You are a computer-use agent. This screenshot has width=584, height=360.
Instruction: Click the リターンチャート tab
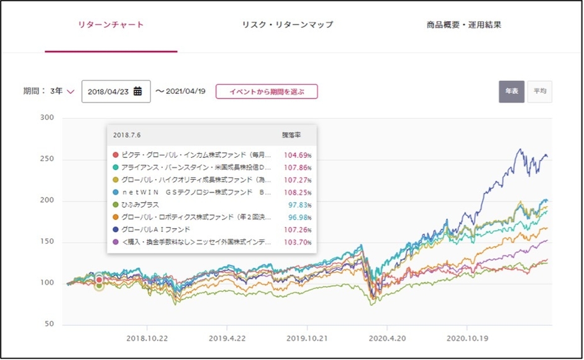[x=111, y=25]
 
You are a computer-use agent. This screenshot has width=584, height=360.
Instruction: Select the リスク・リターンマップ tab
[x=288, y=25]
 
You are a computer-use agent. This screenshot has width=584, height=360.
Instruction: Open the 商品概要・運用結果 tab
[x=464, y=25]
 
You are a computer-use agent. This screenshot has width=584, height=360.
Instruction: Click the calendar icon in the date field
[x=138, y=91]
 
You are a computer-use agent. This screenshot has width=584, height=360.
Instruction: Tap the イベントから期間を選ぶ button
[x=267, y=91]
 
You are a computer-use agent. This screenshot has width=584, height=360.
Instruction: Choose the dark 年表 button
[x=511, y=91]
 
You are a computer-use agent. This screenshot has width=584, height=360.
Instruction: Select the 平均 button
[x=539, y=91]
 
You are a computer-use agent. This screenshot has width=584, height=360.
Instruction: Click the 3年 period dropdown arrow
[x=70, y=91]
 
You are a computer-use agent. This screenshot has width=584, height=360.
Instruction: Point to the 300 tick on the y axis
[x=47, y=118]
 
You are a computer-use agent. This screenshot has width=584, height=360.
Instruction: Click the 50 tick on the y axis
[x=49, y=325]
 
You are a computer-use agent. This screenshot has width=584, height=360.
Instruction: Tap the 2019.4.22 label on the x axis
[x=227, y=339]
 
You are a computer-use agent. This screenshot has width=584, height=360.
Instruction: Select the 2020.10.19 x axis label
[x=467, y=339]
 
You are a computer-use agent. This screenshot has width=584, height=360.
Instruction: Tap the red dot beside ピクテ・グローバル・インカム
[x=114, y=155]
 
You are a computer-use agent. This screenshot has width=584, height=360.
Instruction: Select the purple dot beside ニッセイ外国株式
[x=114, y=242]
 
